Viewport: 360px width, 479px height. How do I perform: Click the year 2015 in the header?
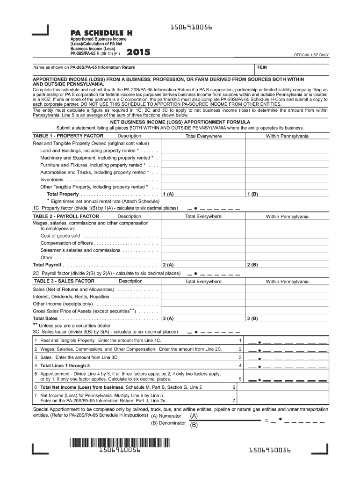(x=139, y=53)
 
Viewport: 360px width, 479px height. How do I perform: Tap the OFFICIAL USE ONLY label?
(x=311, y=55)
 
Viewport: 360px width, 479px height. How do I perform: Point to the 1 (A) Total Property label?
(x=168, y=194)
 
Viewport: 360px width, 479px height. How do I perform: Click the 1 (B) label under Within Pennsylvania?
(x=252, y=194)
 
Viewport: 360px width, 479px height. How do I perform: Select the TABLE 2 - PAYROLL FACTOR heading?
(x=66, y=216)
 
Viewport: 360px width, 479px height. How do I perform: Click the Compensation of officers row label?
(x=67, y=243)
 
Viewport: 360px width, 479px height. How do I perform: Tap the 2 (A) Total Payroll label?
(x=168, y=265)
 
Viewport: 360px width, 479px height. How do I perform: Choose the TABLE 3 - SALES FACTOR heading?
(x=64, y=281)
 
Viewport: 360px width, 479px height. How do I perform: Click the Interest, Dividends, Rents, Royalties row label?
(x=71, y=297)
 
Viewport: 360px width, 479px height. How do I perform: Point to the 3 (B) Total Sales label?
(x=252, y=319)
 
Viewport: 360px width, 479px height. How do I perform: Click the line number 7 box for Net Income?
(x=233, y=401)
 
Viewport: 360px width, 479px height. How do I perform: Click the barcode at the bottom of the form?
(x=120, y=442)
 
